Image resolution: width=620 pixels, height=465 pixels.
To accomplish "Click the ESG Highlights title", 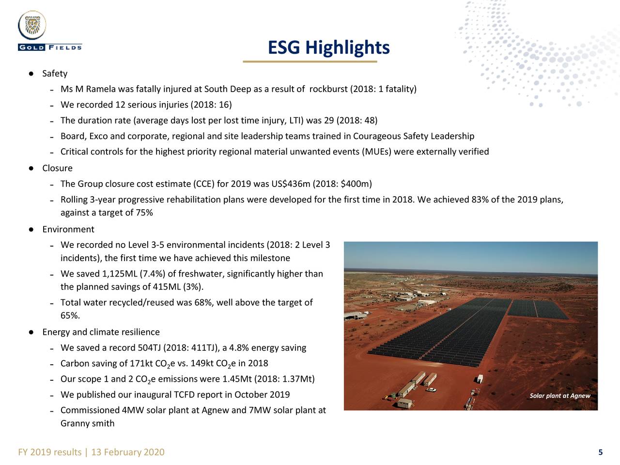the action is coord(328,47).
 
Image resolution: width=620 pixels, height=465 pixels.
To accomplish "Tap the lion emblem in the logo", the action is coord(32,25).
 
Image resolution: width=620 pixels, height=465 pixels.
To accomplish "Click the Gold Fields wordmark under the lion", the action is coord(50,47).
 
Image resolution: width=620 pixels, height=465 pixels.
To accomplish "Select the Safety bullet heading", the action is coord(55,74).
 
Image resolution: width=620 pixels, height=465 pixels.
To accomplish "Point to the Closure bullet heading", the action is coord(57,168).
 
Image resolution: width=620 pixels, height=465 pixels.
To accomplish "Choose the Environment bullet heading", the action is coord(68,229).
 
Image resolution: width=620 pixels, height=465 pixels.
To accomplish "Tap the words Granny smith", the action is coord(88,423).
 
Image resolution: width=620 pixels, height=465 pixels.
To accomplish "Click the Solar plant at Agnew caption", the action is coord(560,396).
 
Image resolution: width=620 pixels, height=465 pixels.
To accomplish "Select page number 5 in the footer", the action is coord(601,452).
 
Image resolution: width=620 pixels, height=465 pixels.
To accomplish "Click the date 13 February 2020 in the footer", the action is coord(128,452).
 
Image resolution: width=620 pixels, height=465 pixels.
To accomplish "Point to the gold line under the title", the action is coord(310,61).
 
